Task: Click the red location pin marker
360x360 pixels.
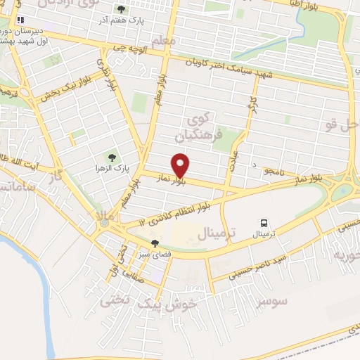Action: tap(181, 165)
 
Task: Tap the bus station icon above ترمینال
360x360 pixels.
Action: tap(264, 221)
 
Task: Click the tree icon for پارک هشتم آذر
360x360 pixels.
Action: tap(121, 10)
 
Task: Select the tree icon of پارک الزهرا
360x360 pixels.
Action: tap(109, 157)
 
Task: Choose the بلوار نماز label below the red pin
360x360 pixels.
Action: tap(172, 181)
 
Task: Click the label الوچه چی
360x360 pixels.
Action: tap(127, 50)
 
